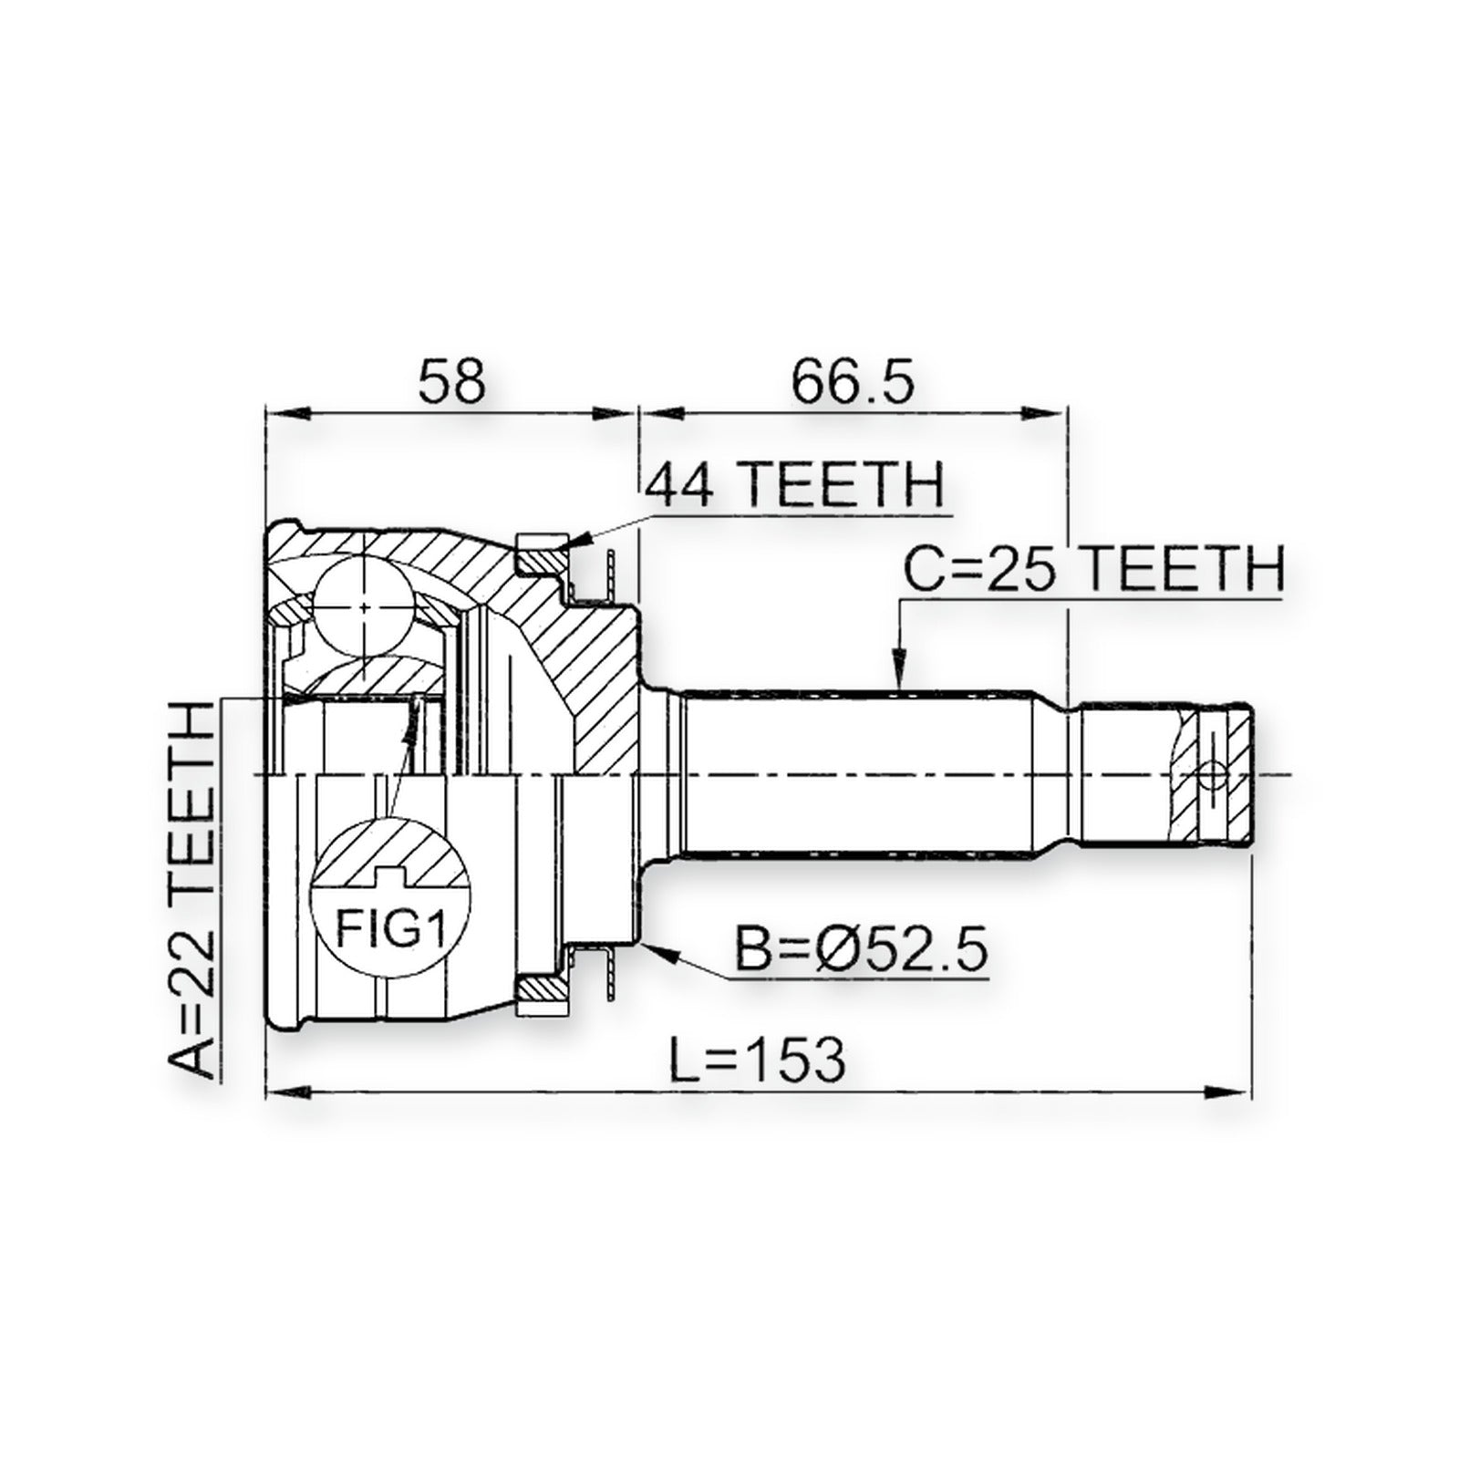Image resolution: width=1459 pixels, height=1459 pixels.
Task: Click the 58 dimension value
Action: point(450,383)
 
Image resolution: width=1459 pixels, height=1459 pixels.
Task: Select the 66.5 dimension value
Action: point(852,383)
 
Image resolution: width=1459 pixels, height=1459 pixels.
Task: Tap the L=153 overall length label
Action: point(757,1058)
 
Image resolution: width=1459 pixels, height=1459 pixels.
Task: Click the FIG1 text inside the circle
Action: point(390,931)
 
